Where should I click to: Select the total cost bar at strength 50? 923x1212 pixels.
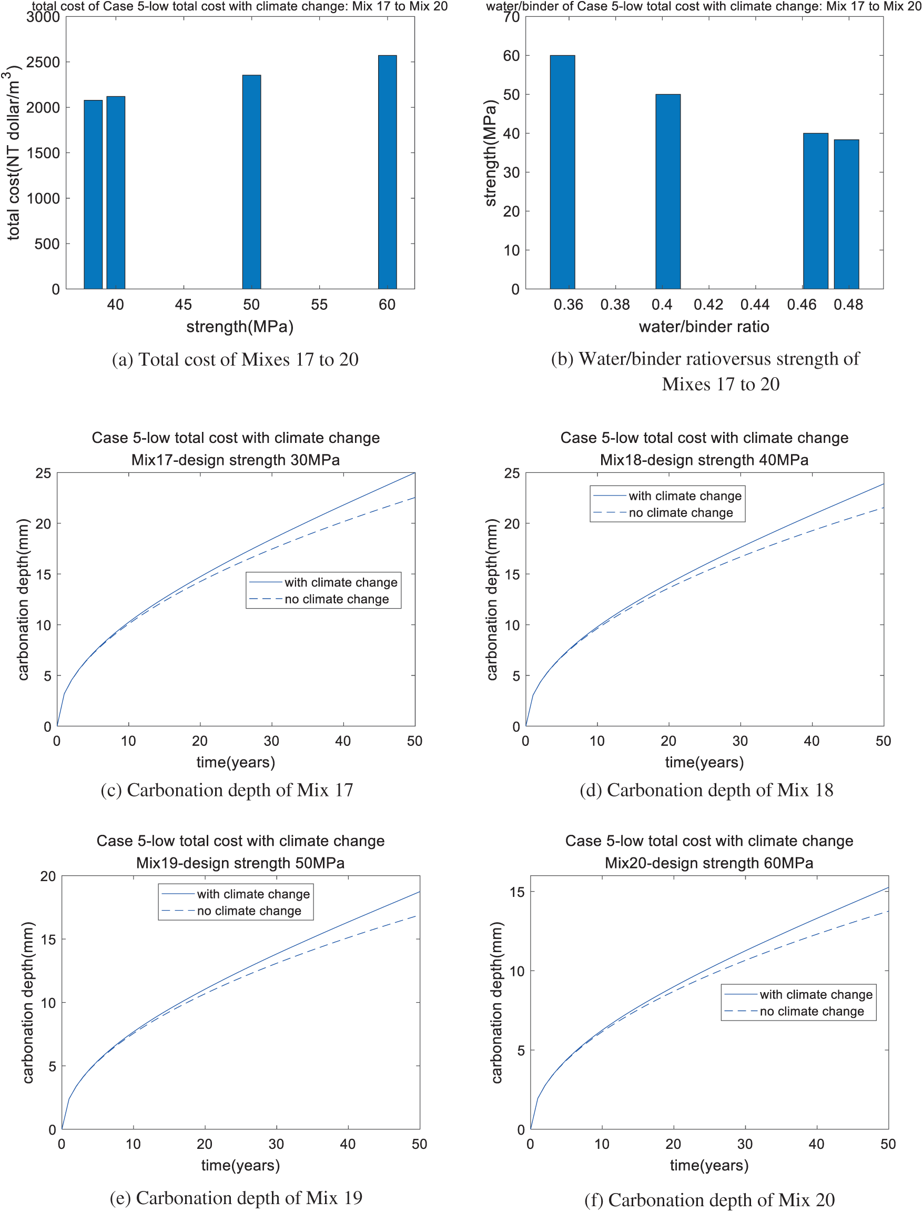tap(251, 181)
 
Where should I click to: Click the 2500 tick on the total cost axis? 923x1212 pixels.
tap(43, 62)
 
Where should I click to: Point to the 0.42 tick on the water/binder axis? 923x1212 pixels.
tap(708, 305)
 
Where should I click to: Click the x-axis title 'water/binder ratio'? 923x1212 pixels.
tap(704, 327)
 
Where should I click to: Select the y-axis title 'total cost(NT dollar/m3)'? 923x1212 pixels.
tap(13, 154)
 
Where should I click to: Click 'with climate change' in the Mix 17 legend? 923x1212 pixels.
tap(341, 582)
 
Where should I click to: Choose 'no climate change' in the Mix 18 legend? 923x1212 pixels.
tap(681, 512)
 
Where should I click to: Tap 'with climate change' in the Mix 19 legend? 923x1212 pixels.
tap(253, 894)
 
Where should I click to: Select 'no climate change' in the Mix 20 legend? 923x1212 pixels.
tap(812, 1012)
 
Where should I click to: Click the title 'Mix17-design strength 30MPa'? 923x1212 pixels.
tap(235, 460)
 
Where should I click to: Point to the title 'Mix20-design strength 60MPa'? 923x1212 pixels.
tap(709, 863)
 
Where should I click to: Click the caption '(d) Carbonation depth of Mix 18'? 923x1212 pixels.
tap(706, 790)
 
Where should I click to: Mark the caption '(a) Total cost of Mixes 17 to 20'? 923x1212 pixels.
tap(235, 359)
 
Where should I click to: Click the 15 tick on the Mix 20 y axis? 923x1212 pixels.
tap(517, 892)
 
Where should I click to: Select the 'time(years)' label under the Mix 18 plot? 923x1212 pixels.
tap(704, 763)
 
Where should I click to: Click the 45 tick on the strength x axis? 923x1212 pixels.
tap(184, 305)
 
